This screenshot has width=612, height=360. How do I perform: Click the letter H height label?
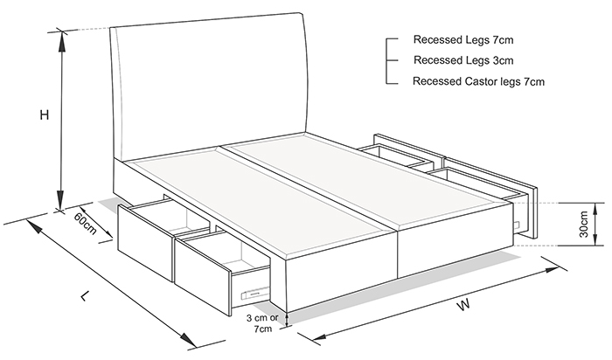45,115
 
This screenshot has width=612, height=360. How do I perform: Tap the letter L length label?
85,296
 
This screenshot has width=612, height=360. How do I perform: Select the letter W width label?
463,305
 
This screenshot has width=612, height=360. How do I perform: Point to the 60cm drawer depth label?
85,224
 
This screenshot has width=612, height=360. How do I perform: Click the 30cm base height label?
583,225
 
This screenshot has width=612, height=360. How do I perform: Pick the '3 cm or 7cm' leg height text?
262,323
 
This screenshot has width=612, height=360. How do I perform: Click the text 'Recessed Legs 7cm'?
463,39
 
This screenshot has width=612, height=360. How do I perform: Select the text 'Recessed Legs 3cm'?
463,60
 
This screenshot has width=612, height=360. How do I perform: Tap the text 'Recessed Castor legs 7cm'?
478,81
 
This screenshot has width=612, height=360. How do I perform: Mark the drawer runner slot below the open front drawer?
255,294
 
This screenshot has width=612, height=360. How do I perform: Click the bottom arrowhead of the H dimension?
60,200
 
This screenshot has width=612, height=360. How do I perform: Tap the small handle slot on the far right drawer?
517,225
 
